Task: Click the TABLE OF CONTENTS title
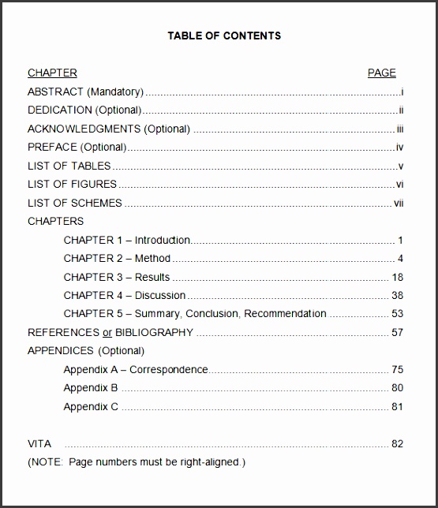pos(224,35)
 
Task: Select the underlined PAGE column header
pos(382,73)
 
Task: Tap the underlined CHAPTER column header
pos(52,73)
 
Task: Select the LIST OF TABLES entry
pos(69,166)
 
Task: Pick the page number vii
pos(399,203)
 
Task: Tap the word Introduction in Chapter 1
pos(163,240)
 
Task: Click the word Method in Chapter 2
pos(152,258)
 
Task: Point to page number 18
pos(397,277)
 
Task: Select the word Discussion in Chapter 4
pos(160,295)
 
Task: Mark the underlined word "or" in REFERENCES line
pos(107,332)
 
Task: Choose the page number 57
pos(397,332)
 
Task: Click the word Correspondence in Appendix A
pos(169,369)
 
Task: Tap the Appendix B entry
pos(91,387)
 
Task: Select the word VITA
pos(39,443)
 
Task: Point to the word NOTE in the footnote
pos(46,461)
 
